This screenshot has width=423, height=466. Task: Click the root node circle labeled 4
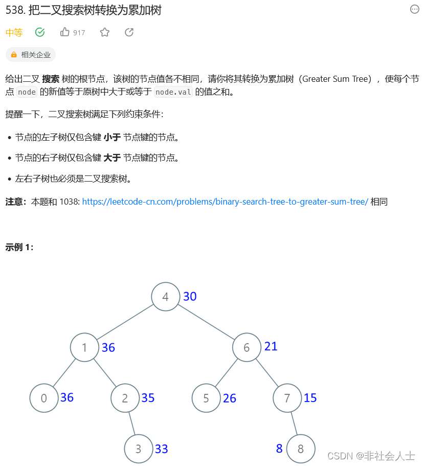(165, 297)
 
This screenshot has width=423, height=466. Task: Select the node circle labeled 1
(84, 348)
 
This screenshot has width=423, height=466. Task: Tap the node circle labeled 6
(247, 348)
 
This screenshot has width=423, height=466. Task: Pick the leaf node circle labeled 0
(43, 398)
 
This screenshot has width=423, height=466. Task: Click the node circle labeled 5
(206, 398)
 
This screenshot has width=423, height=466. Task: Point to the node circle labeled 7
(287, 398)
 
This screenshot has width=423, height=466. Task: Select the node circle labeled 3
(138, 449)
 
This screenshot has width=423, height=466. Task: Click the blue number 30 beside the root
(190, 297)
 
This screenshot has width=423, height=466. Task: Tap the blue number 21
(271, 346)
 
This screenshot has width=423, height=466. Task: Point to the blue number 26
(230, 398)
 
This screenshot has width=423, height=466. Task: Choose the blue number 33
(162, 449)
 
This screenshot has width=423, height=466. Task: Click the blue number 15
(310, 397)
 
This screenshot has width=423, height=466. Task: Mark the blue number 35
(148, 398)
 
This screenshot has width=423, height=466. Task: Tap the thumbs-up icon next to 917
(65, 32)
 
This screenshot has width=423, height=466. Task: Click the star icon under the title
(105, 32)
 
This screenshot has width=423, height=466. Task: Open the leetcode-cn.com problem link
(225, 202)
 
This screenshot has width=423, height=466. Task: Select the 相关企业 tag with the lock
(31, 55)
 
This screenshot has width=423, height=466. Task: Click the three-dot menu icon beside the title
(415, 9)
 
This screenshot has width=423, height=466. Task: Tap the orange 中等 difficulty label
(14, 33)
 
